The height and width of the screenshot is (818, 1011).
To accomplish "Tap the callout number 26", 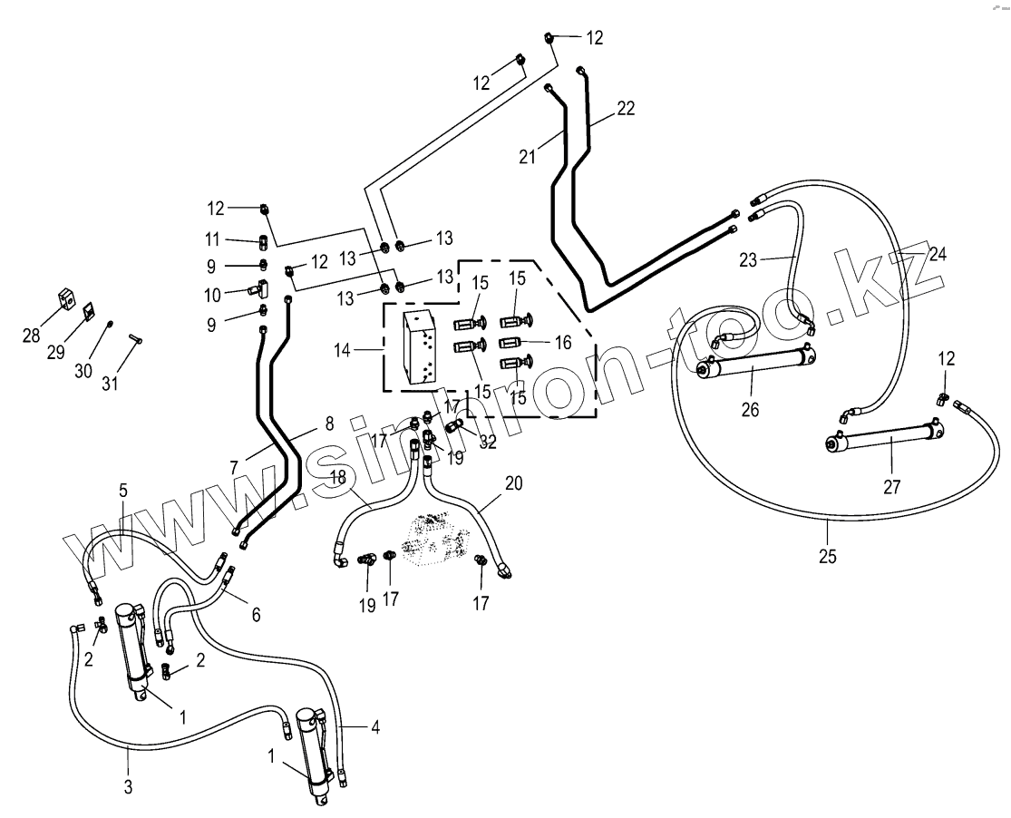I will click(749, 409).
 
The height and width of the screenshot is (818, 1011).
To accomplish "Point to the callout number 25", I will click(827, 556).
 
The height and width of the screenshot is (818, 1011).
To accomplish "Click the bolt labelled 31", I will click(136, 339).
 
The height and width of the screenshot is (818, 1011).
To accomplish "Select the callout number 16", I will click(562, 342).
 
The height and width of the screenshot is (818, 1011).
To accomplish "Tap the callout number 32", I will click(487, 443).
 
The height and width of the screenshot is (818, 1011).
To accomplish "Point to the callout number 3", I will click(128, 787).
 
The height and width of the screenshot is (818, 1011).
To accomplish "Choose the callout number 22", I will click(625, 108).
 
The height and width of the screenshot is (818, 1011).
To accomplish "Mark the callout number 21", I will click(528, 157).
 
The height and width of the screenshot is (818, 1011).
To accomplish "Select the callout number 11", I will click(213, 239).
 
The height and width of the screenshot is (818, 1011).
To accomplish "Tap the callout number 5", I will click(123, 491).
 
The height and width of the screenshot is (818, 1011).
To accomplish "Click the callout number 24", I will click(937, 255).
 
